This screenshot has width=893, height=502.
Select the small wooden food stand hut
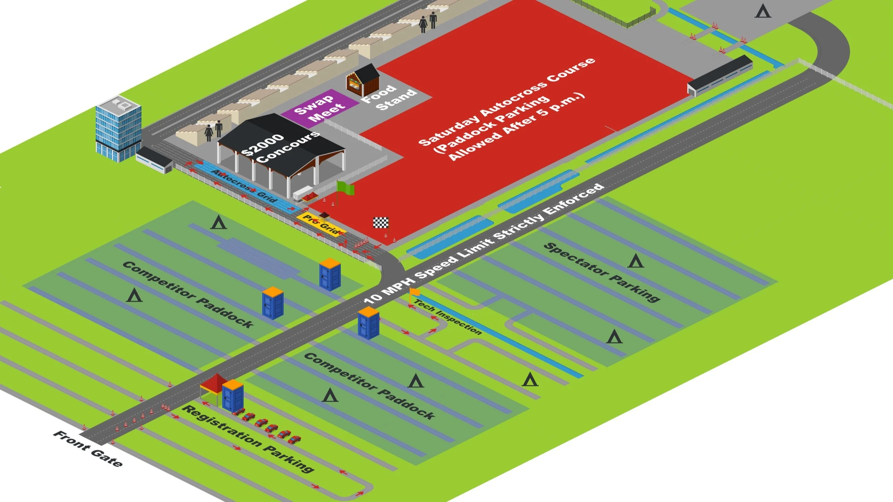(363, 81)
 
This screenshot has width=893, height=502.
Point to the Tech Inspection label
(448, 317)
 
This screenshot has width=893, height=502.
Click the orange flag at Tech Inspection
(414, 292)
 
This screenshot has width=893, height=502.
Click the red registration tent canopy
(214, 383)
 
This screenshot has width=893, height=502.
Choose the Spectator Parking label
(602, 272)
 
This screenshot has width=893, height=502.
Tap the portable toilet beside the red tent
(233, 396)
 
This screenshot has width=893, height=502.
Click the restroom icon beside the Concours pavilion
(214, 131)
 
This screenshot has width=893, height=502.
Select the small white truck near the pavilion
(302, 193)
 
